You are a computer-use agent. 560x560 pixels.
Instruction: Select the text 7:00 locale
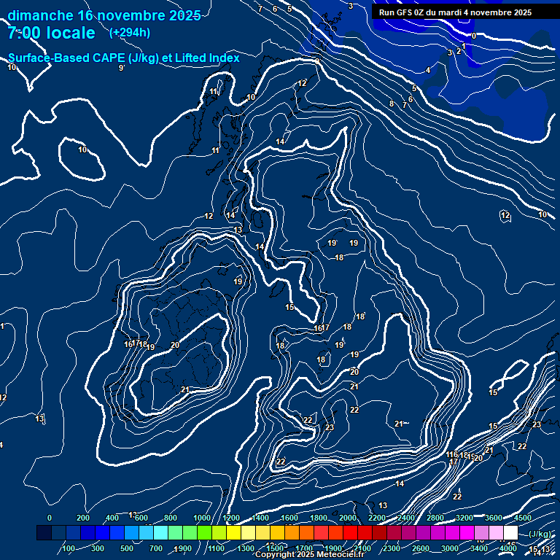pyautogui.click(x=51, y=33)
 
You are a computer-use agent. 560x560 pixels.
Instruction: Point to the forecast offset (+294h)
pyautogui.click(x=130, y=33)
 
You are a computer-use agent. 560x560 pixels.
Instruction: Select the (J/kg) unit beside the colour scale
pyautogui.click(x=540, y=534)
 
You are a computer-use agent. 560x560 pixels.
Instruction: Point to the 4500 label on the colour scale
pyautogui.click(x=522, y=518)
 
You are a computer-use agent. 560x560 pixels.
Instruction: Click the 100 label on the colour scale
pyautogui.click(x=69, y=548)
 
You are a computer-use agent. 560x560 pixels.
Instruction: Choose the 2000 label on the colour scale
pyautogui.click(x=348, y=518)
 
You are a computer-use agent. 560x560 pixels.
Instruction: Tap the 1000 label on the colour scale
pyautogui.click(x=202, y=518)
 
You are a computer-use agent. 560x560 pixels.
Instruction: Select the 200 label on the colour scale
pyautogui.click(x=83, y=518)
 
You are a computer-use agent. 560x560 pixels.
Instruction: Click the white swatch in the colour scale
pyautogui.click(x=510, y=533)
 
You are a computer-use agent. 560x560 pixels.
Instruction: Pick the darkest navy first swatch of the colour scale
pyautogui.click(x=44, y=533)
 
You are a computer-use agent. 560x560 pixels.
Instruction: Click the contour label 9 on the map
pyautogui.click(x=121, y=68)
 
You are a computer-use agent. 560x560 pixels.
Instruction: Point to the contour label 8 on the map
pyautogui.click(x=392, y=104)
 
